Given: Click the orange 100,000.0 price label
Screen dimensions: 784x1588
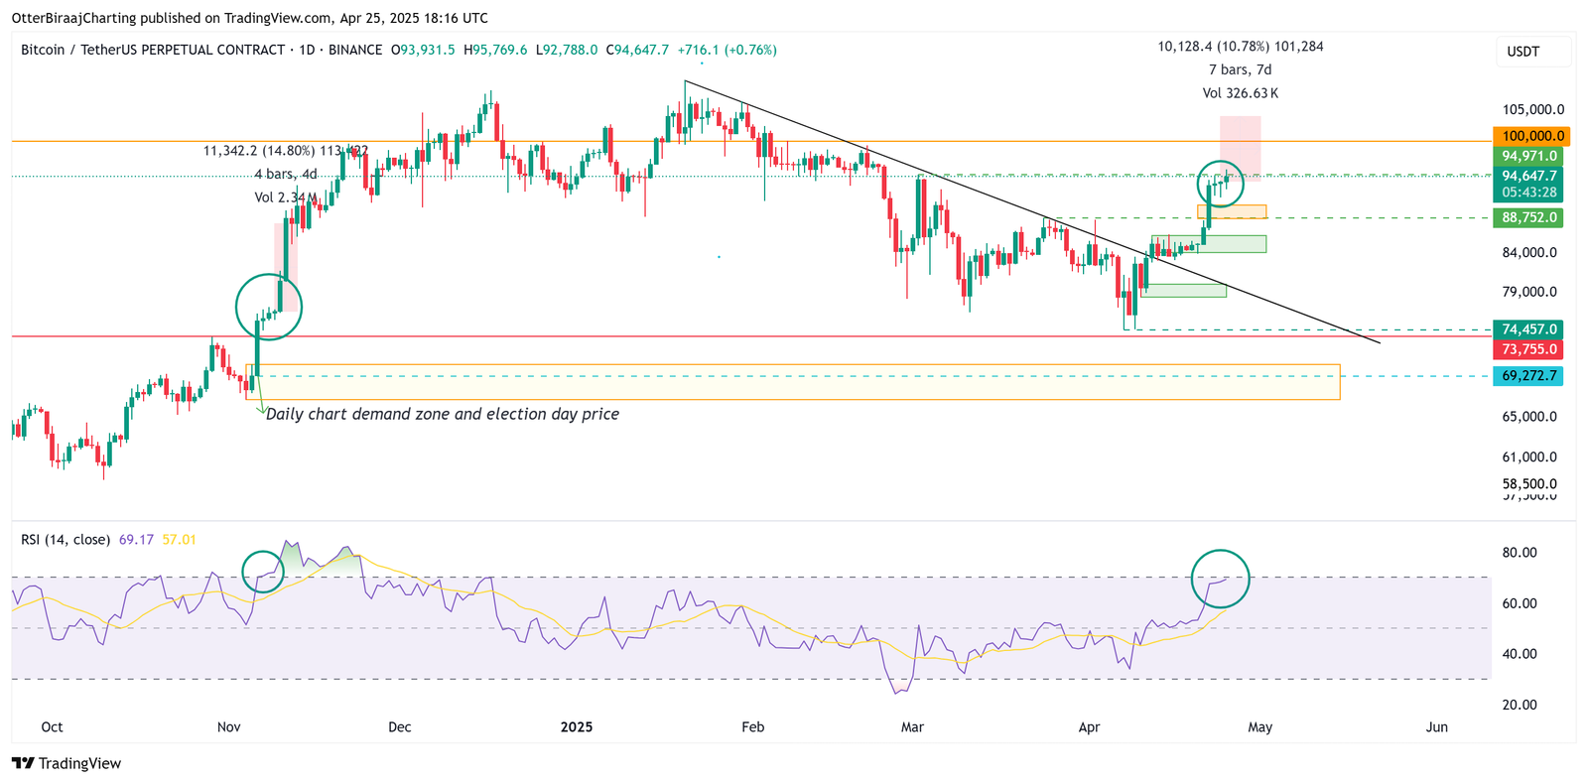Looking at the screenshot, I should (1528, 136).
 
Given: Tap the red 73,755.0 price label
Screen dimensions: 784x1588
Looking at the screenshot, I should (1528, 349).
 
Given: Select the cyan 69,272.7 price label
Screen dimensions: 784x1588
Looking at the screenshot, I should (1528, 376).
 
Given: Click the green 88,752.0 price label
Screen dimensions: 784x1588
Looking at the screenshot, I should (1528, 217).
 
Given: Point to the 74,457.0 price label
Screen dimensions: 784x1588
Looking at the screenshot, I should (1528, 329).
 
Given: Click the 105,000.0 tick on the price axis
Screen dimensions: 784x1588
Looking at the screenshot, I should (1532, 110).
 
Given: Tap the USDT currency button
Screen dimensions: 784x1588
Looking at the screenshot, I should (1523, 52).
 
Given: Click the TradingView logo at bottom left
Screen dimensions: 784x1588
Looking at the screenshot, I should (66, 763).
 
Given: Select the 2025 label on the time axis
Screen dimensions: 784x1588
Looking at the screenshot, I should (577, 727).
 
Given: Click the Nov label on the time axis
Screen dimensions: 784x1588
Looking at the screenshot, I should (228, 727).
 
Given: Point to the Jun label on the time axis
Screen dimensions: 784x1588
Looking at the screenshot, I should (1436, 727).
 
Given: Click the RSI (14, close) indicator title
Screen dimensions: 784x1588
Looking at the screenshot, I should (66, 540).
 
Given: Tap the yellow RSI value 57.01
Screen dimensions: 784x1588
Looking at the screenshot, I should (180, 540).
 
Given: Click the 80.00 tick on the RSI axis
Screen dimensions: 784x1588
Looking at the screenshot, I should (1520, 553).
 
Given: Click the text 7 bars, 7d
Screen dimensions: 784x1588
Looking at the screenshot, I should (1240, 69).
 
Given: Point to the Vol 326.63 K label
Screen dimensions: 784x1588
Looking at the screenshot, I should (1240, 93).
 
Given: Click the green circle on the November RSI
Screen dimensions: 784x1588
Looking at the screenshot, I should (263, 572).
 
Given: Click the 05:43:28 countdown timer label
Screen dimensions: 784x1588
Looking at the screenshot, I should (1528, 193).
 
